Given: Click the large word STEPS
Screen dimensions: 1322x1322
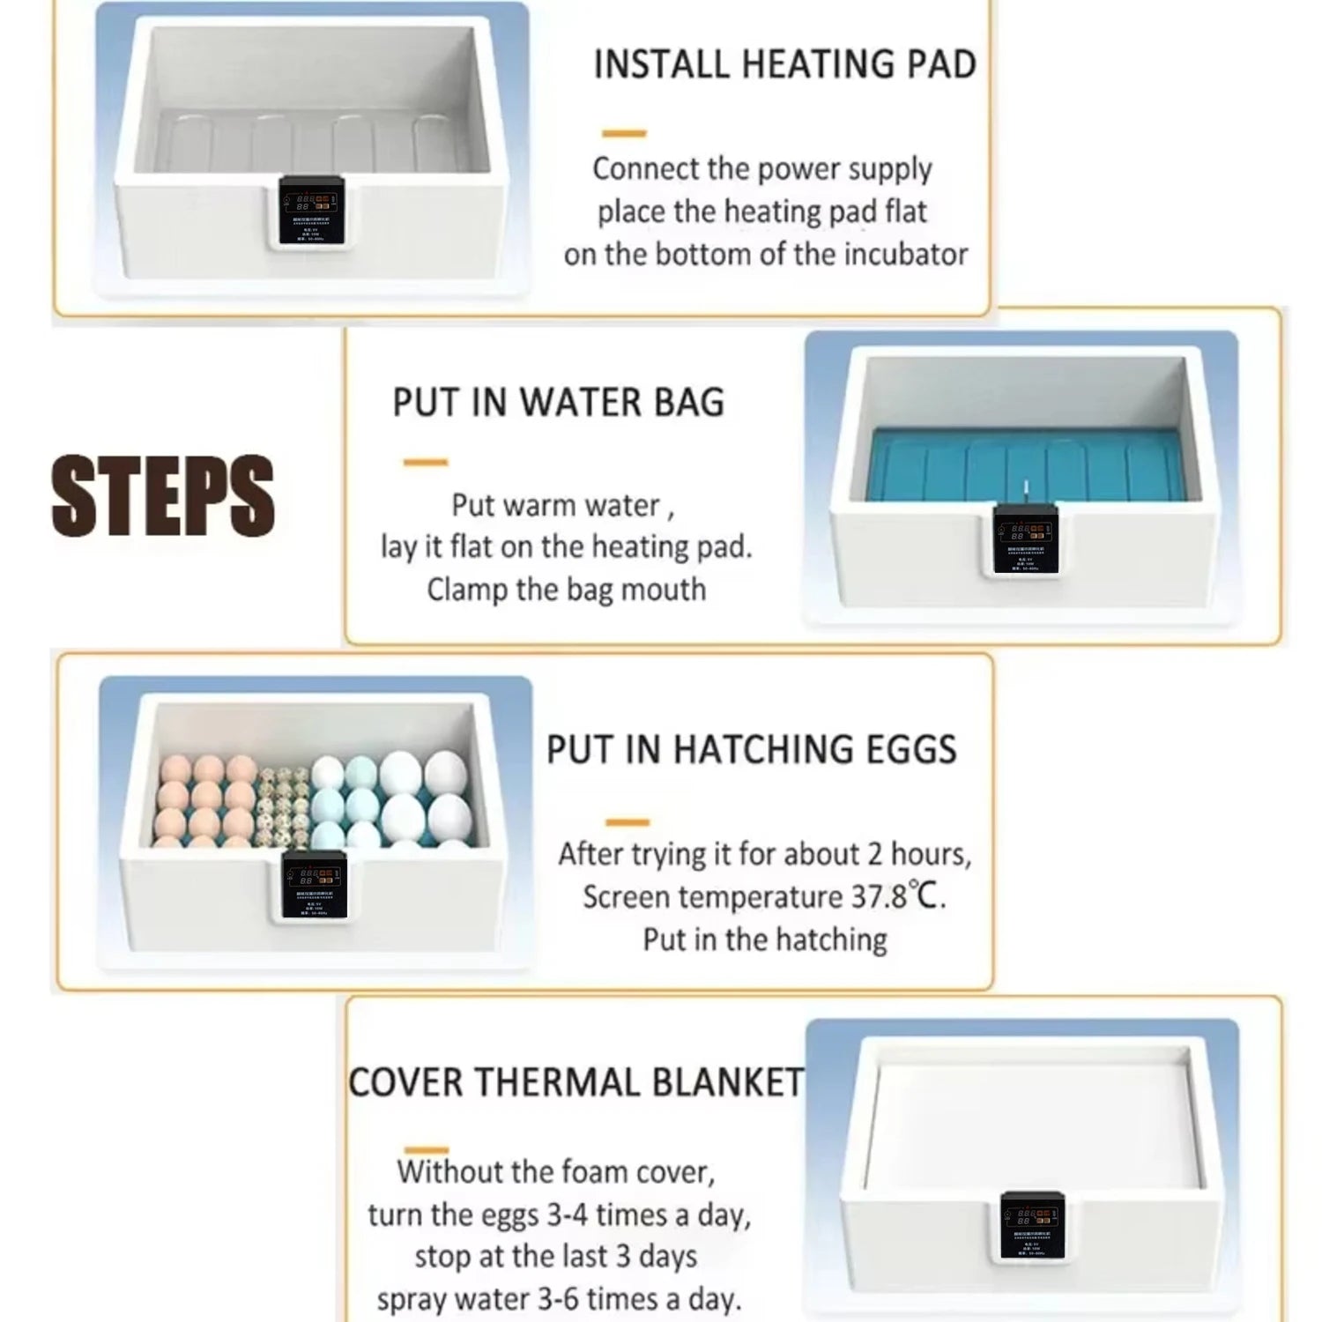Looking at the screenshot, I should [163, 495].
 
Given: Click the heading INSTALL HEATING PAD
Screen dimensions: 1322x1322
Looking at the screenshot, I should [784, 64].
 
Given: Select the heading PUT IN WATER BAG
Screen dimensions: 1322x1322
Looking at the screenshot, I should [558, 403].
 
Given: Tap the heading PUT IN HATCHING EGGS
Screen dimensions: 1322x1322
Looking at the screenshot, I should [751, 750].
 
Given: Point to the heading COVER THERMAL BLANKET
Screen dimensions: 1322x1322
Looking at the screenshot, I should [576, 1083].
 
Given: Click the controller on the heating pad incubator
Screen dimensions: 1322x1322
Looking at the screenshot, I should [311, 210].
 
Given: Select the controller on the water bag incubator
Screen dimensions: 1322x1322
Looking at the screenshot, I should [1025, 538].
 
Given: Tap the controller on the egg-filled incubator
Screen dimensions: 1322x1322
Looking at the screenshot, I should [314, 886].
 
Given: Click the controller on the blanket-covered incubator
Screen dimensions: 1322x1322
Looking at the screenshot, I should [1031, 1226].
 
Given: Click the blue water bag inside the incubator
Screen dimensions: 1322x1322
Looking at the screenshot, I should [1022, 463].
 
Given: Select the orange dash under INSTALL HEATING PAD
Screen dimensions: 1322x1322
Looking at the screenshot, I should [624, 133].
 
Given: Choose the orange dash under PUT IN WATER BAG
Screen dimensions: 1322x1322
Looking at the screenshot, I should [426, 462].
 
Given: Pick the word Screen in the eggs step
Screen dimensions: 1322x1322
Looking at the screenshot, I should [627, 897].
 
